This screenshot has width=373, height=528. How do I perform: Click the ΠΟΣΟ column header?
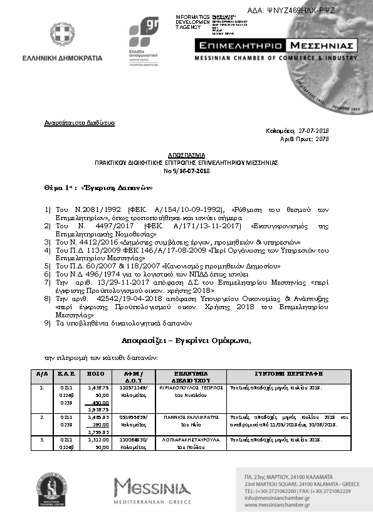95,372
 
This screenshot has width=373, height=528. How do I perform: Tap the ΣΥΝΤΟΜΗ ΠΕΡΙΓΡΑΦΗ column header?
289,372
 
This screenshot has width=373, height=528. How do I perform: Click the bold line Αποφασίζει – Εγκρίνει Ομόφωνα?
186,341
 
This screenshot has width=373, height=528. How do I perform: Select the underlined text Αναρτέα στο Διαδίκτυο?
79,122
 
